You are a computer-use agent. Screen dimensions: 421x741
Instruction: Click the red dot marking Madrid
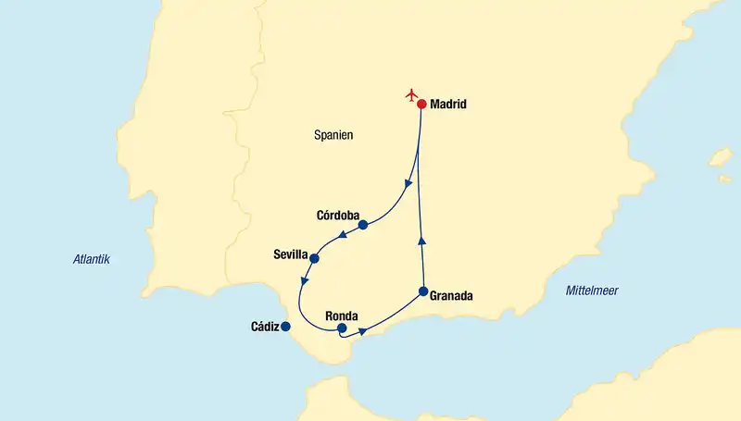tap(421, 105)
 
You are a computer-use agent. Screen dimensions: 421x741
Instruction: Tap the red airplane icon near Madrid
tap(412, 94)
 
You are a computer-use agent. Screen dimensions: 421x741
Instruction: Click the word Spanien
tap(334, 135)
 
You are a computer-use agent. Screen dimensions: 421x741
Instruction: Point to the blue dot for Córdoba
tap(363, 225)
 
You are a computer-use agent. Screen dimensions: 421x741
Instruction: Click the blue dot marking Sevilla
tap(315, 258)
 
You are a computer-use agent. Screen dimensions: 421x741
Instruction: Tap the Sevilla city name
tap(291, 253)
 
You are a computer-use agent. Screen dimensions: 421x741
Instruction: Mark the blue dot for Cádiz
tap(285, 327)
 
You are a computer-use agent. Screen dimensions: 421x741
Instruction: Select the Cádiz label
tap(265, 327)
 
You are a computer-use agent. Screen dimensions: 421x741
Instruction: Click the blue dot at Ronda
tap(342, 328)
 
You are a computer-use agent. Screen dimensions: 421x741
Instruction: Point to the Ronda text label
tap(342, 315)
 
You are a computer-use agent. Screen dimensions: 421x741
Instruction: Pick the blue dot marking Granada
tap(423, 292)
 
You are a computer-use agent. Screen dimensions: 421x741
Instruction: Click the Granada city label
tap(452, 297)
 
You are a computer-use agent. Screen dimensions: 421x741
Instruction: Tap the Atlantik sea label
tap(92, 260)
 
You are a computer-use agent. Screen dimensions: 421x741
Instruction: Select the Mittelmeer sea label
tap(592, 291)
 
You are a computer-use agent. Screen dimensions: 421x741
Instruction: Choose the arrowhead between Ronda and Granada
tap(363, 329)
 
